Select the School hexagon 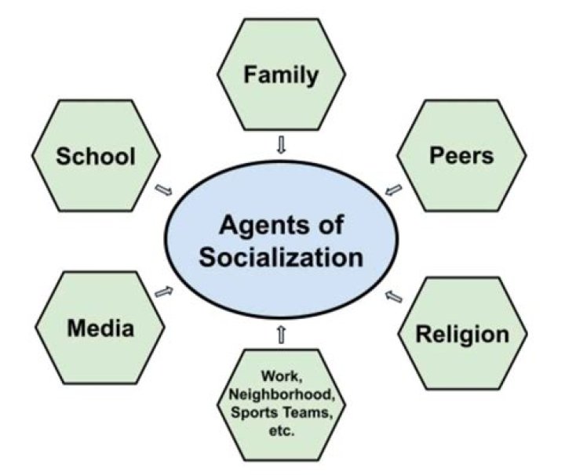pyautogui.click(x=96, y=156)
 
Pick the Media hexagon pyautogui.click(x=100, y=328)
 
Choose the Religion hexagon pyautogui.click(x=461, y=334)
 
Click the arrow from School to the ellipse pyautogui.click(x=165, y=190)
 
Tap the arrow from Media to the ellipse pyautogui.click(x=164, y=292)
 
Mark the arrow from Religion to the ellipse pyautogui.click(x=394, y=296)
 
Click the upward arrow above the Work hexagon pyautogui.click(x=281, y=335)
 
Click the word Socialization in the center pyautogui.click(x=280, y=256)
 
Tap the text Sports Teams pyautogui.click(x=280, y=413)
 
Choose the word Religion pyautogui.click(x=461, y=334)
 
